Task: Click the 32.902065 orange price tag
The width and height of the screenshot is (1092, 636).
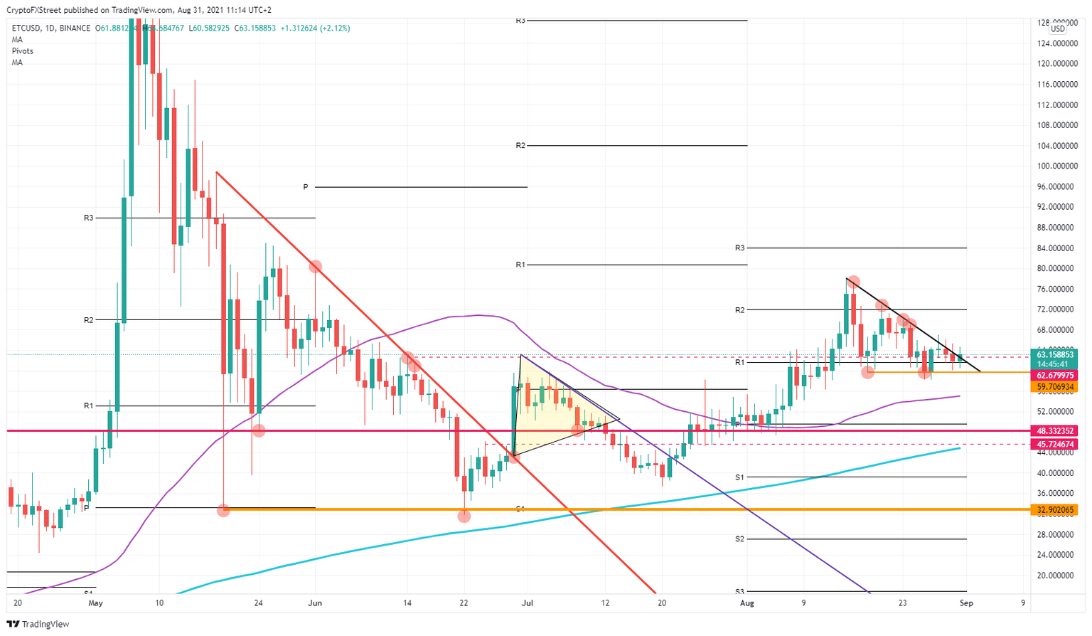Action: [x=1055, y=509]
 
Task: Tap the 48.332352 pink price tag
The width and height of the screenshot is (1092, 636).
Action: [x=1055, y=431]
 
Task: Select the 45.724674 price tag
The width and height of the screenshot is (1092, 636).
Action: [x=1055, y=444]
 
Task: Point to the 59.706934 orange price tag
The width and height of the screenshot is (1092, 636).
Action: [x=1055, y=386]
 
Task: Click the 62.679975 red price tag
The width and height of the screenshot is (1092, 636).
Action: [x=1055, y=375]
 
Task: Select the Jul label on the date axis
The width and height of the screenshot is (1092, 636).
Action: [x=528, y=603]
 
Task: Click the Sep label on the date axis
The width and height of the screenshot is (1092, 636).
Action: [x=965, y=603]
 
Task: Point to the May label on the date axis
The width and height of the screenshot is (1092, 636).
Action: [x=96, y=603]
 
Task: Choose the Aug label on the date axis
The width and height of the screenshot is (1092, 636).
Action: [x=746, y=603]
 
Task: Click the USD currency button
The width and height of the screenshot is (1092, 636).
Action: [x=1058, y=28]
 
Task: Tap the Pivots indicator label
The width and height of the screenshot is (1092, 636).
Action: [x=22, y=51]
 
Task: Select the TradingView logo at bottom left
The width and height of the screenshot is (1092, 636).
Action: [x=38, y=624]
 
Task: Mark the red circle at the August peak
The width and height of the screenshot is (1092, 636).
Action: [x=853, y=282]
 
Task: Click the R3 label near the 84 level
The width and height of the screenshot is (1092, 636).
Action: [x=739, y=248]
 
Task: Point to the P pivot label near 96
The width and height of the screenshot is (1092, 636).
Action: [x=306, y=187]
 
